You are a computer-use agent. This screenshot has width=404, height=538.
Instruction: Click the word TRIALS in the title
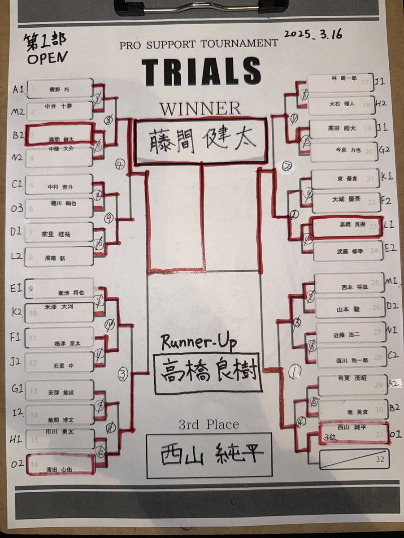coord(201,71)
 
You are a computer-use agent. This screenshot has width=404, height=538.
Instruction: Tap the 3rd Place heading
coord(209,424)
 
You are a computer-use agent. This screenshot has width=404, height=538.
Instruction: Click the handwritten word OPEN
coord(47,57)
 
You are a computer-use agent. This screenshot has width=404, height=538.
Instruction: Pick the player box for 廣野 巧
coord(60,88)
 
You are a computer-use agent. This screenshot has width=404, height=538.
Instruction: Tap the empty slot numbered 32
coord(354,458)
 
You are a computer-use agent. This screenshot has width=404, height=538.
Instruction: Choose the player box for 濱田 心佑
coord(60,464)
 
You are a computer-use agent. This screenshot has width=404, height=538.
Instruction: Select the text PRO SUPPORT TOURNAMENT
coord(199,44)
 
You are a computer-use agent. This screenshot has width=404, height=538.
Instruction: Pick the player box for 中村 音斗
coord(60,185)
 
